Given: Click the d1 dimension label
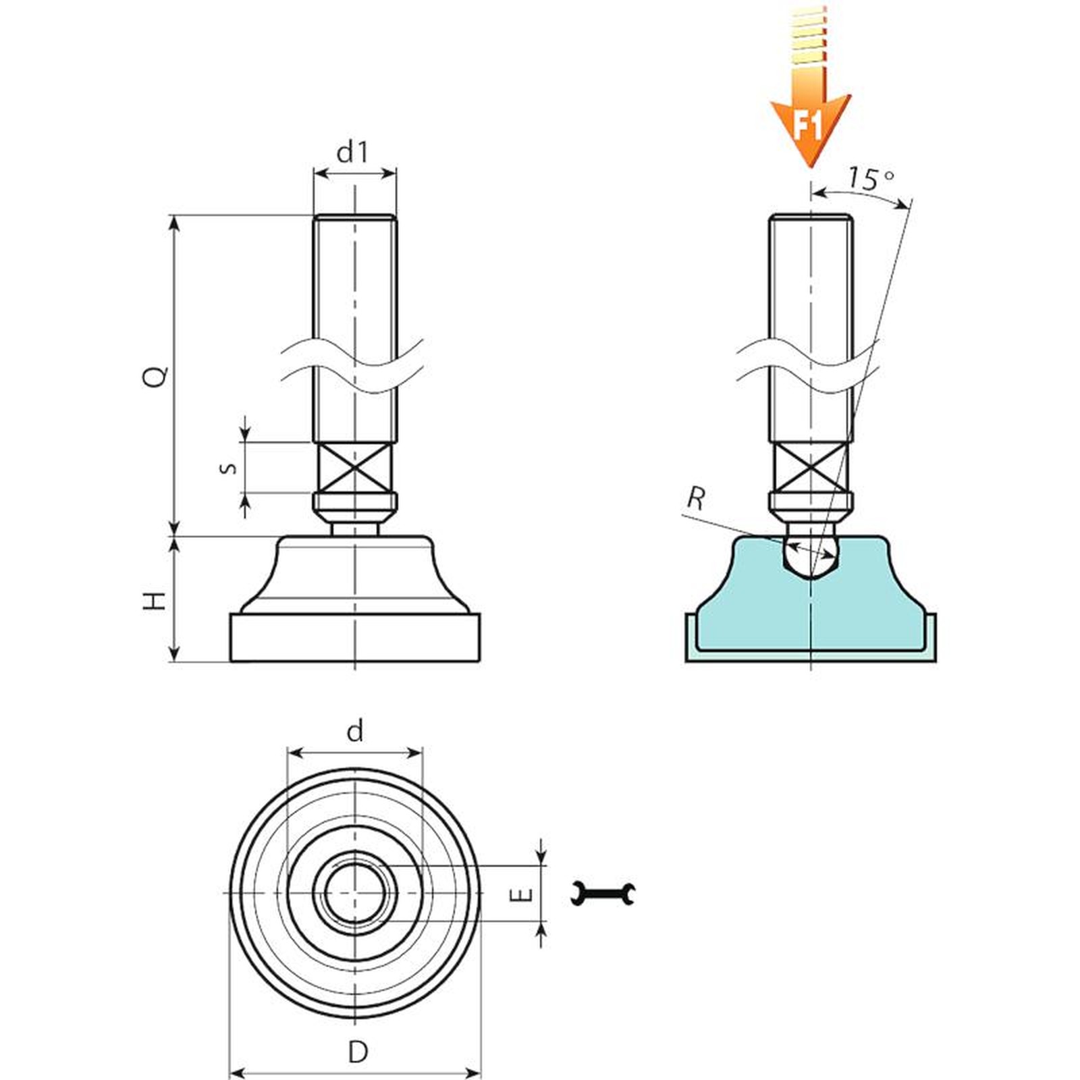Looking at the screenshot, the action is point(353,153).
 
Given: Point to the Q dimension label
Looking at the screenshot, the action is point(156,376).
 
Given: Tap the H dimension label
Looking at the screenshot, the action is point(155,600).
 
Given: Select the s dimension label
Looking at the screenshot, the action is point(230,468).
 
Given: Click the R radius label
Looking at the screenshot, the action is point(696,499).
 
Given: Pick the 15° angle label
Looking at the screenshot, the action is point(871,178).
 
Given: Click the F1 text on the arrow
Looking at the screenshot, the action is point(807,126).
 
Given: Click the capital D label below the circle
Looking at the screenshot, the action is point(358,1052).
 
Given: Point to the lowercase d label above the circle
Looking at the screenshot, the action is point(355,730).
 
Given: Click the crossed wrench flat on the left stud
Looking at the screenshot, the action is point(354,468).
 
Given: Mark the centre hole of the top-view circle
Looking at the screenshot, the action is point(355,893).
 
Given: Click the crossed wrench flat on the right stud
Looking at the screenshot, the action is point(811,468).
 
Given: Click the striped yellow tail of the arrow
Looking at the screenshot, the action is point(809,34).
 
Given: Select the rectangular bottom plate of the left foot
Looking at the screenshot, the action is point(355,637).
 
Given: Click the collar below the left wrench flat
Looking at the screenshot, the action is point(355,502).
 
